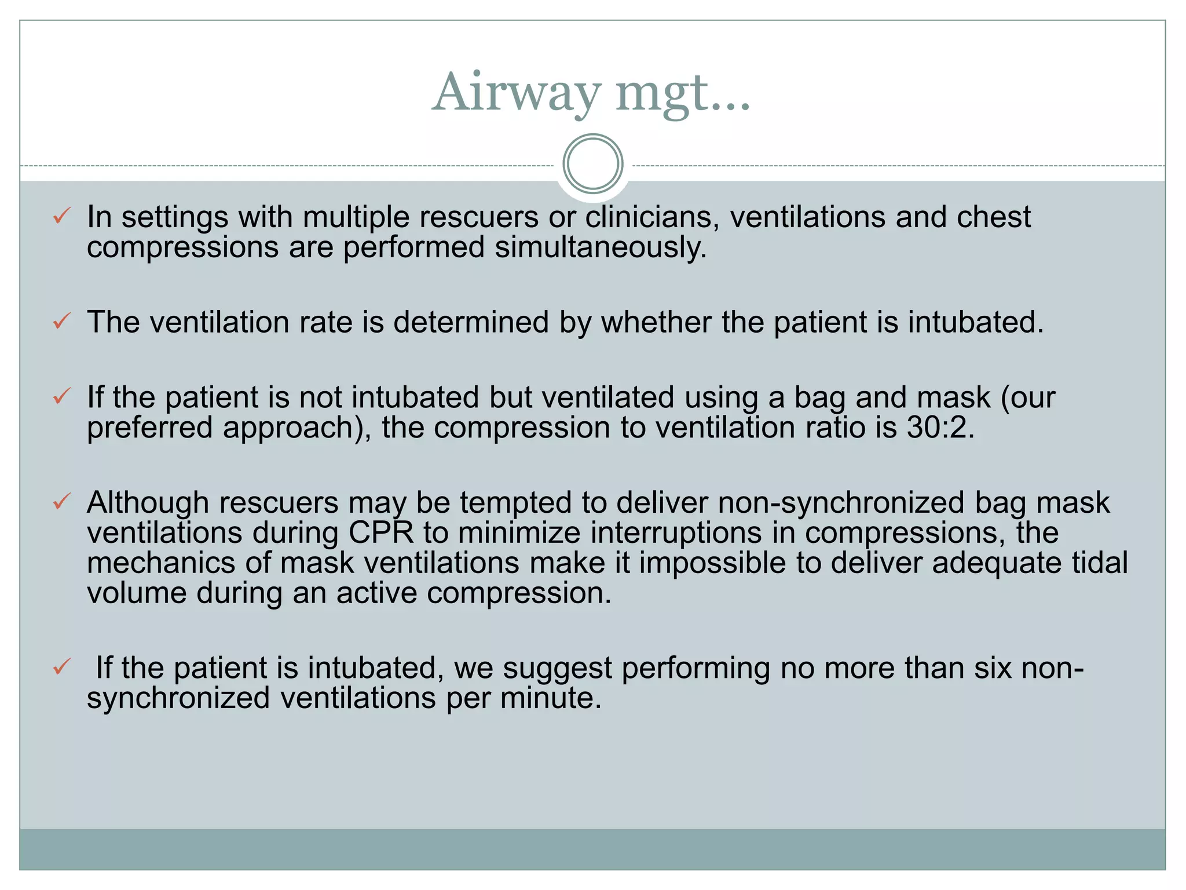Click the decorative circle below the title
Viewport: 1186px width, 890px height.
pyautogui.click(x=592, y=164)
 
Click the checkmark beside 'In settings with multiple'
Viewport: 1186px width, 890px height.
pyautogui.click(x=61, y=216)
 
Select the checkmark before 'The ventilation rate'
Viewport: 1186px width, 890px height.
pyautogui.click(x=61, y=321)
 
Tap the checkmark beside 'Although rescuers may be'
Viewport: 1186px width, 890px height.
pyautogui.click(x=61, y=501)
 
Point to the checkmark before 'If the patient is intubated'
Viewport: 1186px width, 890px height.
pyautogui.click(x=61, y=667)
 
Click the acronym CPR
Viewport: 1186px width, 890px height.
pyautogui.click(x=382, y=532)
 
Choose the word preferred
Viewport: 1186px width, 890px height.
pyautogui.click(x=150, y=428)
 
